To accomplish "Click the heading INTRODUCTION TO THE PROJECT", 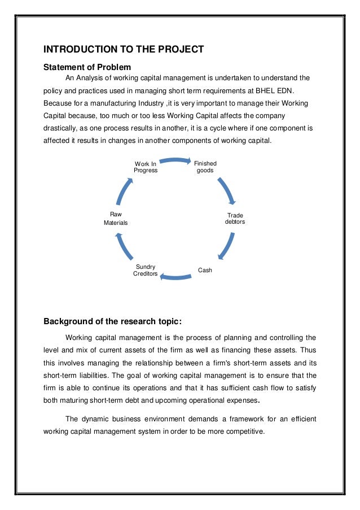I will [x=124, y=49].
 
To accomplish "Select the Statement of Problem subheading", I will [x=87, y=67].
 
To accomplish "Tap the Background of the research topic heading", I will [x=113, y=322].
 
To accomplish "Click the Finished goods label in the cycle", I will [x=205, y=167].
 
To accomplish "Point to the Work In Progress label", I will [x=146, y=167].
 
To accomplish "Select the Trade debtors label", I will [x=235, y=219].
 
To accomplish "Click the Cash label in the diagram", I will [x=205, y=271].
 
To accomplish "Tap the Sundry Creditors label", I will [x=146, y=270].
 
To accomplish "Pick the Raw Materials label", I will [x=116, y=219].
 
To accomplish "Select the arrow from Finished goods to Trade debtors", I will [x=226, y=190].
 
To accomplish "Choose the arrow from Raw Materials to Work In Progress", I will [x=125, y=191].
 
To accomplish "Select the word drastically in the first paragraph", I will [x=61, y=129].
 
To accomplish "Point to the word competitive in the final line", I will [x=244, y=432].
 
